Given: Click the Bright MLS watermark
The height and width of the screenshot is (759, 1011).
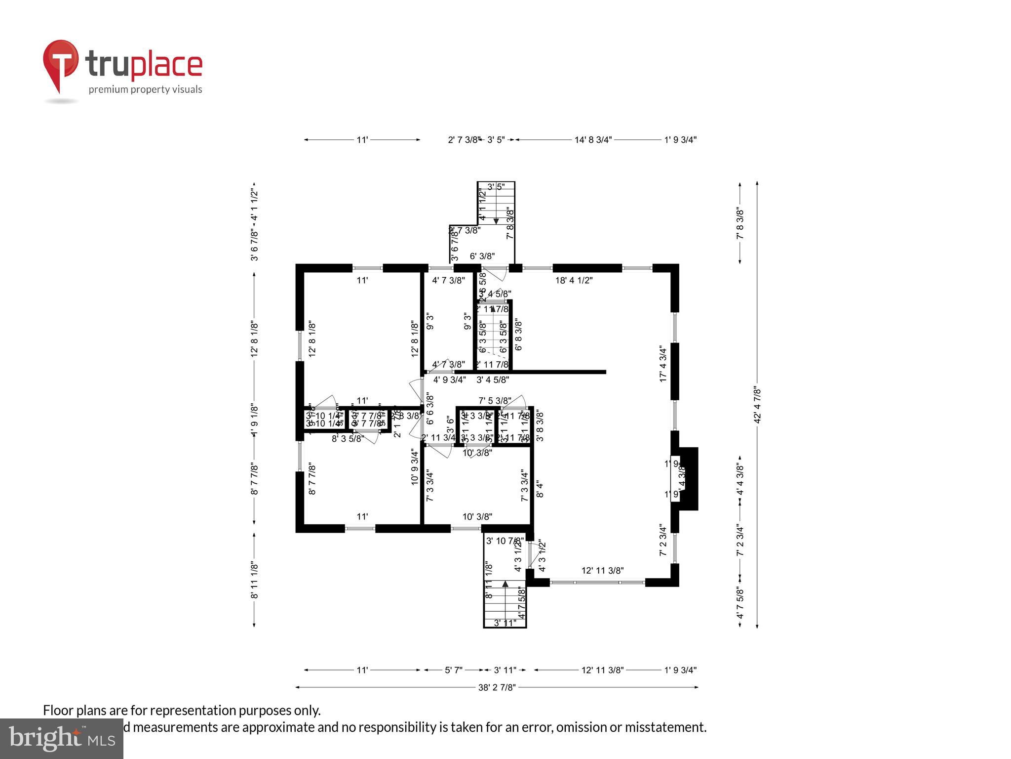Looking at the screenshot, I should (x=61, y=738).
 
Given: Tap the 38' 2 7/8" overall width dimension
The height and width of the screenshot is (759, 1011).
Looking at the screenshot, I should (x=497, y=687).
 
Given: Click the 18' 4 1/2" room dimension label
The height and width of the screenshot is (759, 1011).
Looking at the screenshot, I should (x=574, y=280).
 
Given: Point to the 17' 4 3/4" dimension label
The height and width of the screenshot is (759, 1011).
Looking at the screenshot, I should (x=663, y=364).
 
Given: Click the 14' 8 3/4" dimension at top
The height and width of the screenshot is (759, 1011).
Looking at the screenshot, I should (x=593, y=140).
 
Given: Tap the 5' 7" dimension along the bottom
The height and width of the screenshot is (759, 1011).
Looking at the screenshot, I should (x=454, y=670).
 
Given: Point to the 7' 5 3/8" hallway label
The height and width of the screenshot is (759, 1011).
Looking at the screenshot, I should (x=494, y=400).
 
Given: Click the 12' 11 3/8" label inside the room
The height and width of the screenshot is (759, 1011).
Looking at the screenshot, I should (x=602, y=570).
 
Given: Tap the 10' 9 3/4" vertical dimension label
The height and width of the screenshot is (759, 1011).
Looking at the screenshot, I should (x=415, y=466).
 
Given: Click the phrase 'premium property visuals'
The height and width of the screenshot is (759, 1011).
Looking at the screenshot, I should (x=145, y=89).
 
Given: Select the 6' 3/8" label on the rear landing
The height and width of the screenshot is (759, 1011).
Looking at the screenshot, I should (x=482, y=256).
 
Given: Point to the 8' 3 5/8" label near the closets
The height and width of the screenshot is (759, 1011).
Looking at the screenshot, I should (x=348, y=438).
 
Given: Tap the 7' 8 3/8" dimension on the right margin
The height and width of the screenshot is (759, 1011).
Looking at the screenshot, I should (x=740, y=223).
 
